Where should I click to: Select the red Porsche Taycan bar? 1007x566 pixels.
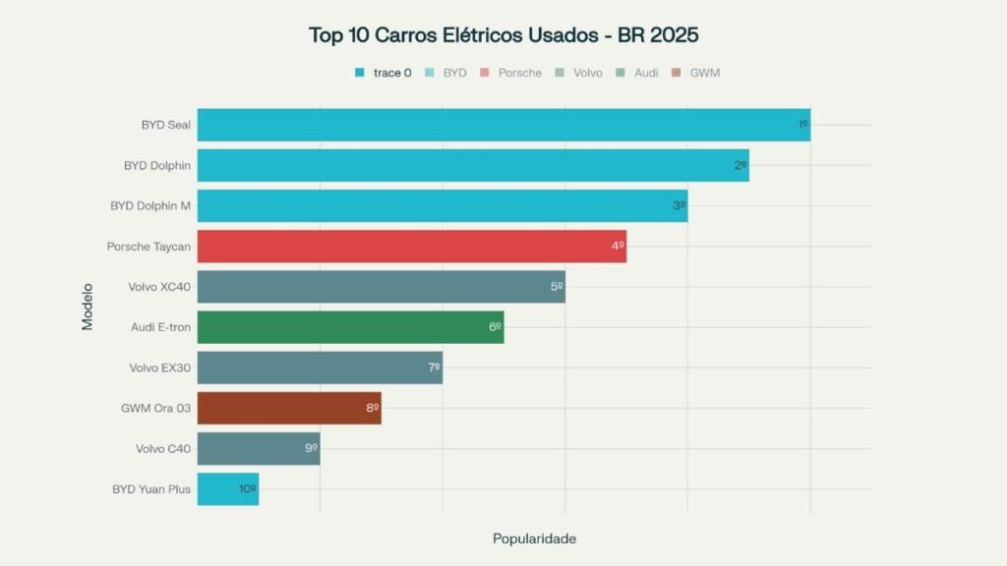point(411,246)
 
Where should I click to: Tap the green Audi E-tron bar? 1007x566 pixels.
point(350,327)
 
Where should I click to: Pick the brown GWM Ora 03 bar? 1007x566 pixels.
point(288,408)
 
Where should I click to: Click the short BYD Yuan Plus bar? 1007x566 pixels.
point(227,488)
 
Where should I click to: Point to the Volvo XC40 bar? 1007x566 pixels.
point(381,287)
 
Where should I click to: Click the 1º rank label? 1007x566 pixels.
point(802,125)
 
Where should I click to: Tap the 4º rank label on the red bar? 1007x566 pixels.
point(618,246)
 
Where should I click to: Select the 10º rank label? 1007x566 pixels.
point(247,488)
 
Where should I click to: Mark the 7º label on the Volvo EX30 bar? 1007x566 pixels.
point(434,368)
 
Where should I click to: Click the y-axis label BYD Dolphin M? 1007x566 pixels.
point(150,206)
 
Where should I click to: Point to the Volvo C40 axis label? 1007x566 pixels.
point(163,449)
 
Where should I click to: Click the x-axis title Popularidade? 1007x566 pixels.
point(534,538)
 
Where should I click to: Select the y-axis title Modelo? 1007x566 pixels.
point(88,307)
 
